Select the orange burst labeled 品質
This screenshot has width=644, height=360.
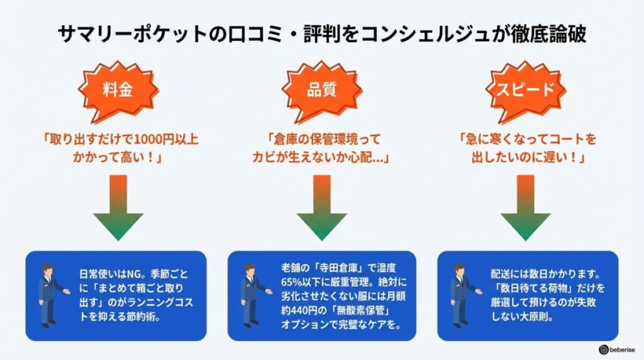coord(321,89)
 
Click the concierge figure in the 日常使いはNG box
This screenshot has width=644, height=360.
coord(49,292)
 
